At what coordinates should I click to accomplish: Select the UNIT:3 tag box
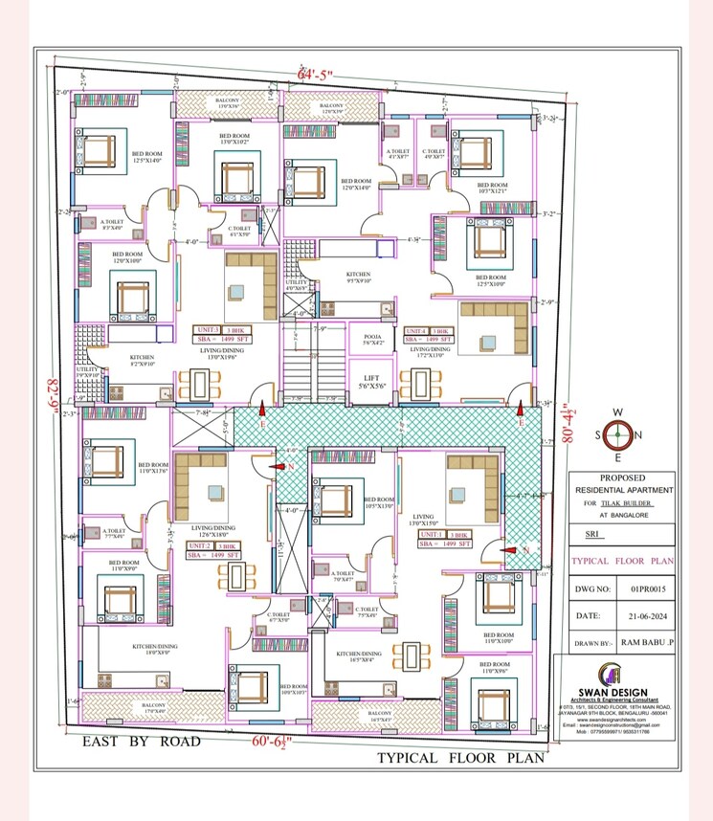[x=211, y=329]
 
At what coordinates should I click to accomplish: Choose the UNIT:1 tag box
[x=433, y=535]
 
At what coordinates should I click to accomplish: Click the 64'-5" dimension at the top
[x=313, y=74]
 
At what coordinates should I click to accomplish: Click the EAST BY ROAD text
[x=141, y=741]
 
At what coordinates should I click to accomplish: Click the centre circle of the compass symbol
[x=617, y=435]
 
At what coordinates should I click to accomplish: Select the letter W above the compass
[x=617, y=412]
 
